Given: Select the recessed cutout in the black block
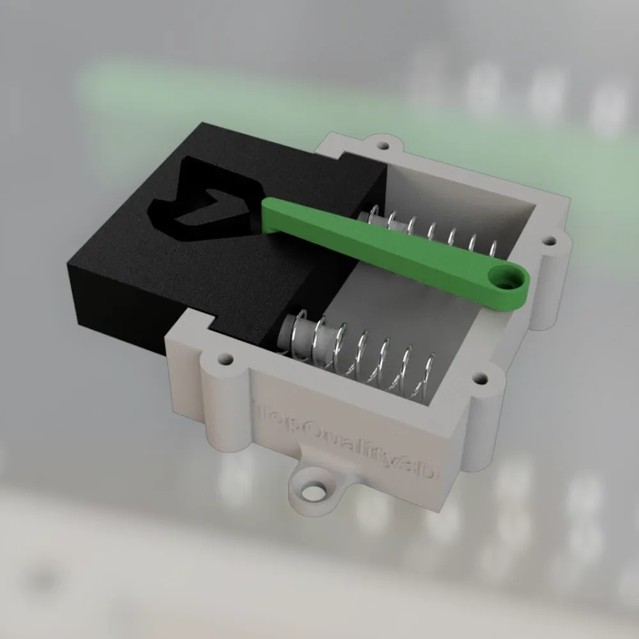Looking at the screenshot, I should (x=204, y=201).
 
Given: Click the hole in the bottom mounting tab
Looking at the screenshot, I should (x=313, y=493).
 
